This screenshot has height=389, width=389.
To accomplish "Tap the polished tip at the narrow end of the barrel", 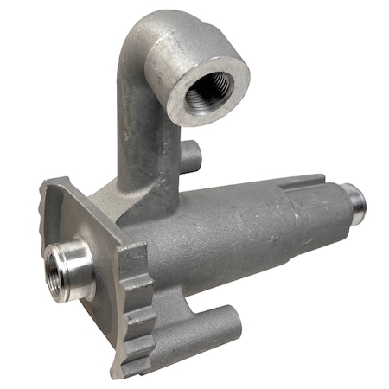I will (x=354, y=201).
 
